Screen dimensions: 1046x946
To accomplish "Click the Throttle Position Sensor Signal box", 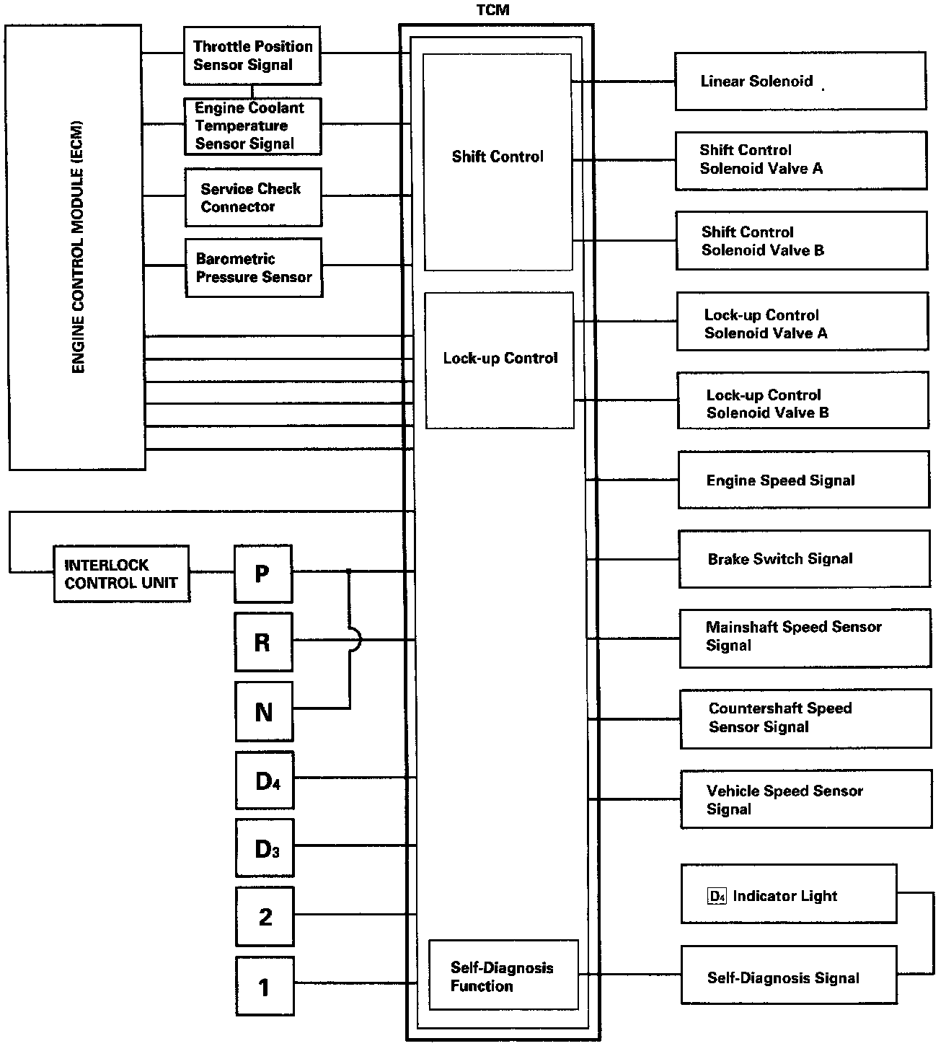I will coord(252,56).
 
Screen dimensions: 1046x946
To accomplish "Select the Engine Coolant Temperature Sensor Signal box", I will coord(252,126).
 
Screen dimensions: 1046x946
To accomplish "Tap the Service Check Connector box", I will coord(252,197).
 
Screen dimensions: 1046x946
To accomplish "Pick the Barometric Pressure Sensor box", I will coord(253,268).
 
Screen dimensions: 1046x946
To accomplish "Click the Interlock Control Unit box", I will coord(121,574).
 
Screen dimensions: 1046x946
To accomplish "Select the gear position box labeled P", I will coord(263,574).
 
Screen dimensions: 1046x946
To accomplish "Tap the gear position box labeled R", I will coord(263,642).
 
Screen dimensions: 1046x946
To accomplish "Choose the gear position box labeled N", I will coord(264,711).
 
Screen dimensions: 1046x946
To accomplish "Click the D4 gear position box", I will coord(265,780).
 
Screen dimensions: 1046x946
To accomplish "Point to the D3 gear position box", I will coord(265,848).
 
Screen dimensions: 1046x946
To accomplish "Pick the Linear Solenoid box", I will coord(800,81).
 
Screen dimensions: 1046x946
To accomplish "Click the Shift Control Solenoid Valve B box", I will coord(802,241).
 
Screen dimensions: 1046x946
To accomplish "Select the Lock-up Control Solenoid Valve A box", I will coord(803,322).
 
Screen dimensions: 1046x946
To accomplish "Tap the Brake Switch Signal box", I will coord(804,559).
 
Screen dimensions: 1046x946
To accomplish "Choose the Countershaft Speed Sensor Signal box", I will coord(805,718).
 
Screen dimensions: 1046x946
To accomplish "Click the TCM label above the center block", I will coord(493,10).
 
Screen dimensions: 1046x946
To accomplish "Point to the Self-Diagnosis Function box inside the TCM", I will coord(503,975).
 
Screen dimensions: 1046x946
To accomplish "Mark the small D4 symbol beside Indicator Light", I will coord(717,897).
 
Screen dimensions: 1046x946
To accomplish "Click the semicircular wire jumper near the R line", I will coord(355,639).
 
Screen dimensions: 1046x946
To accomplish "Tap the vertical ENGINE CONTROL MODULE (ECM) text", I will coord(78,247).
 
